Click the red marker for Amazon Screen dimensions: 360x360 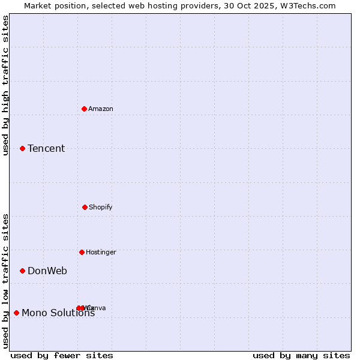(85, 109)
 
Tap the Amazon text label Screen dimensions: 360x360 (101, 109)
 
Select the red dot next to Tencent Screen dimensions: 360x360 (22, 148)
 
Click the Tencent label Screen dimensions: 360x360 (46, 149)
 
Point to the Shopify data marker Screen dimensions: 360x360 (85, 207)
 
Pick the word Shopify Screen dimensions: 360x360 (101, 208)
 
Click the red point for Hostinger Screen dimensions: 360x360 (82, 252)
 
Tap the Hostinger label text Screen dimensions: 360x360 (101, 253)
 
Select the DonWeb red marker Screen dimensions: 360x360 (22, 271)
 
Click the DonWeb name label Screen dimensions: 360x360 (47, 271)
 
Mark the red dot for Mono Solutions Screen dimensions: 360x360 (16, 313)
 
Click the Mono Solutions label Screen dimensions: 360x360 (58, 313)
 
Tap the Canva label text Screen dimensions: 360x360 (97, 308)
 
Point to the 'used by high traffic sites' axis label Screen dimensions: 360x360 (6, 85)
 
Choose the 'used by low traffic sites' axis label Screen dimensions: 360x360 (6, 280)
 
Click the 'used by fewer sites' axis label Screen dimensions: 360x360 (62, 356)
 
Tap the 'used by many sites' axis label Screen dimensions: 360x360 (301, 356)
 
